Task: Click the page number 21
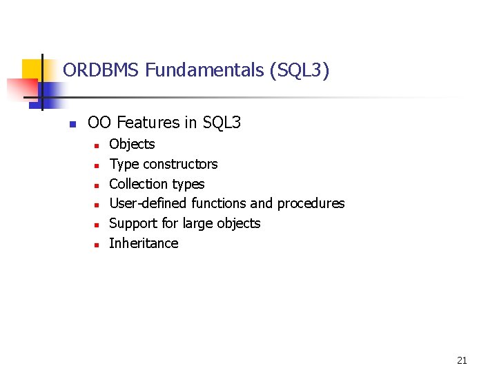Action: pos(462,360)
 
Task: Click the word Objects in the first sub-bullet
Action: pos(132,144)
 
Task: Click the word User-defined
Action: pos(148,203)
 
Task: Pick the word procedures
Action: pos(311,203)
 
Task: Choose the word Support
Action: pos(133,223)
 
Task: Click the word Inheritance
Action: pos(144,243)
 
